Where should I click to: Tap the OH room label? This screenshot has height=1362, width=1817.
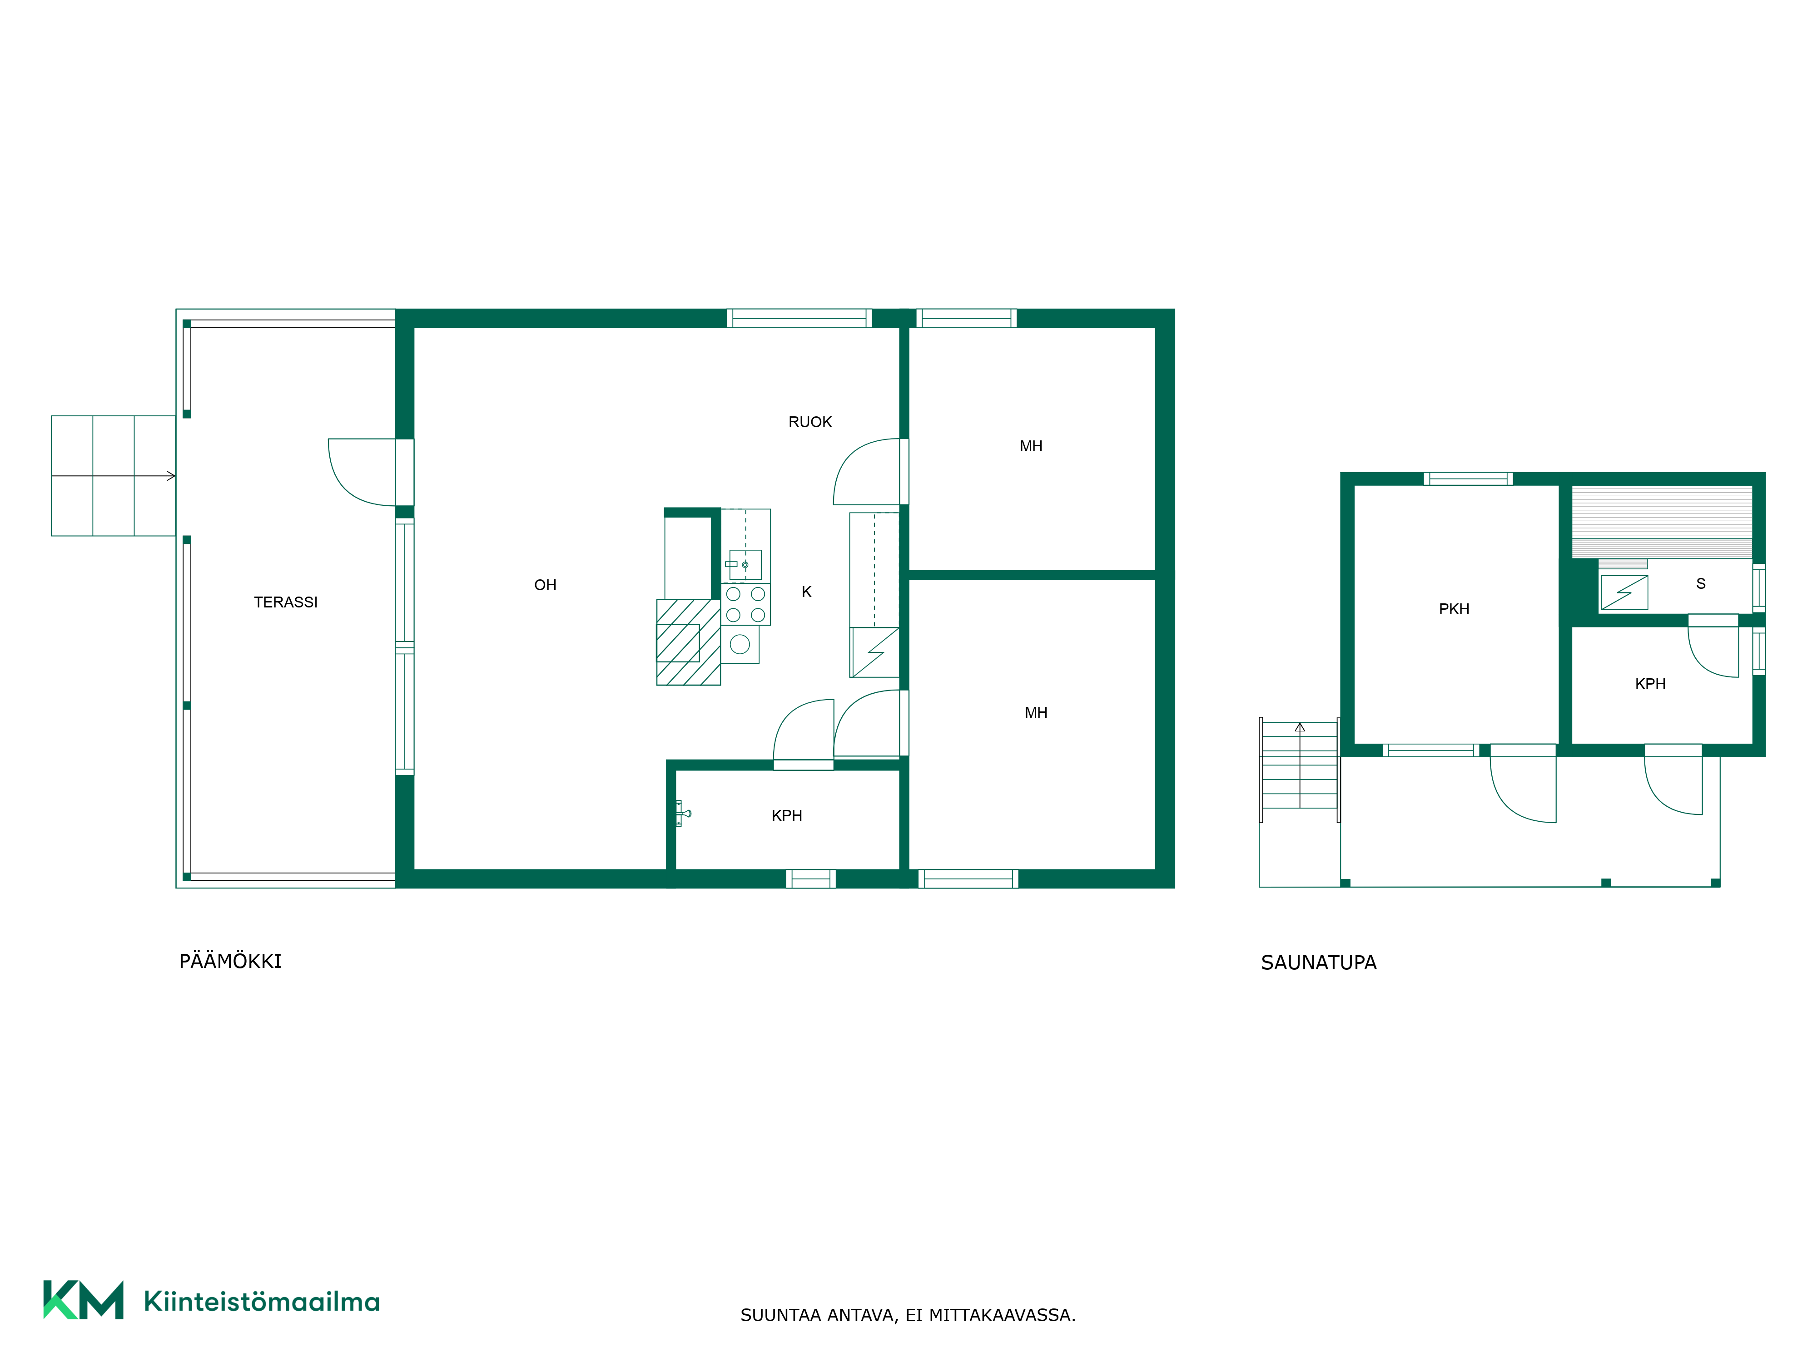coord(546,585)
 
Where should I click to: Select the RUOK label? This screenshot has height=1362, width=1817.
coord(810,422)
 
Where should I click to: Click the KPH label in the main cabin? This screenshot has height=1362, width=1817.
coord(787,816)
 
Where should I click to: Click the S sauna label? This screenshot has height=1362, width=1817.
coord(1700,584)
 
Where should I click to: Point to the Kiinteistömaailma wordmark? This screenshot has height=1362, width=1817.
coord(261,1301)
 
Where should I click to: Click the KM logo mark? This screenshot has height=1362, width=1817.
coord(83,1300)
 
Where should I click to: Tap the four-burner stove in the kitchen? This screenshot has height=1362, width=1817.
coord(746,604)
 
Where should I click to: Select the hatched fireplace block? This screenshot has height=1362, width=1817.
coord(688,642)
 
